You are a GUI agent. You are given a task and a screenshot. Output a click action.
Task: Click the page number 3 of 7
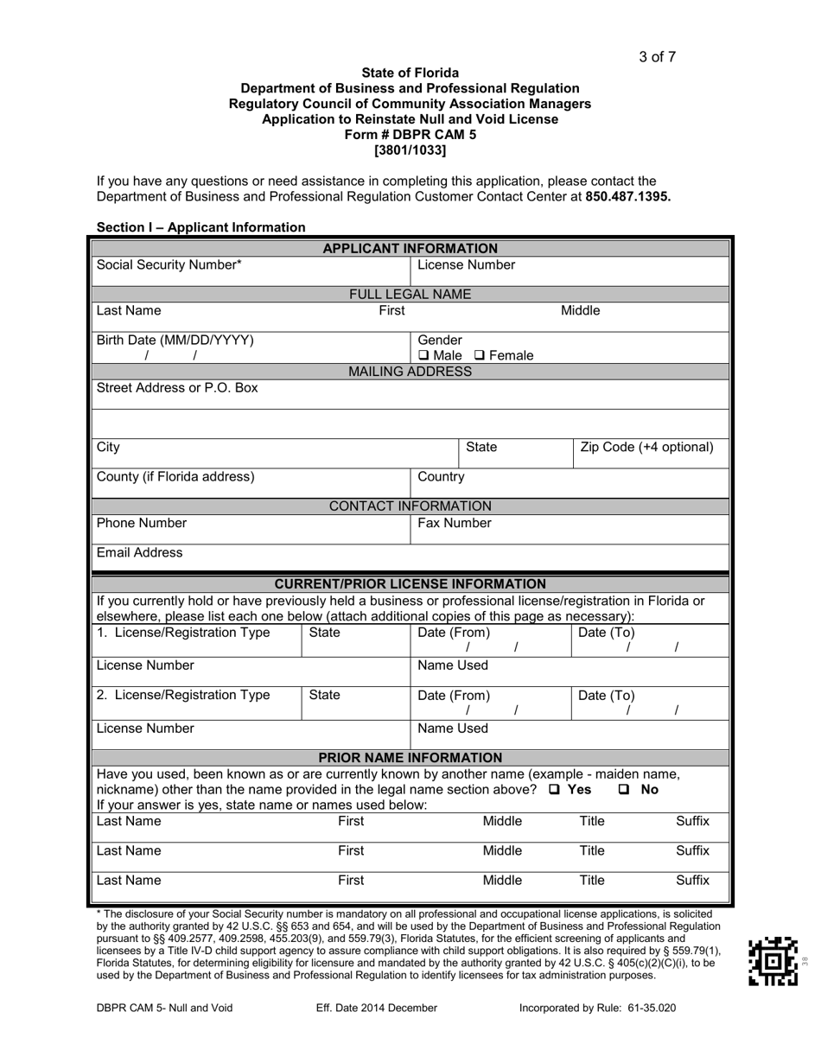(657, 57)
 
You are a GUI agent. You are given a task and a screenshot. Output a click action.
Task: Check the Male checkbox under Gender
(423, 355)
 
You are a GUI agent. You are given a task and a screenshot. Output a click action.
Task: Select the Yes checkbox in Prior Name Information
(554, 790)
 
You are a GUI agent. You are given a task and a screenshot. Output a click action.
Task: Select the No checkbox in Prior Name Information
(624, 790)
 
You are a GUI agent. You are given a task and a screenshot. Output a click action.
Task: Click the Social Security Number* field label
(169, 265)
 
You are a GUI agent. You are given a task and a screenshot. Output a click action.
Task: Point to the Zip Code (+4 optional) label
(646, 447)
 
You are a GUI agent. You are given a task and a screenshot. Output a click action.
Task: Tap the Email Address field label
(139, 552)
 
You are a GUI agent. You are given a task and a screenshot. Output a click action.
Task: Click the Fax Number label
(454, 523)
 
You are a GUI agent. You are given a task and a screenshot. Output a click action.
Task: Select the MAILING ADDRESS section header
(410, 372)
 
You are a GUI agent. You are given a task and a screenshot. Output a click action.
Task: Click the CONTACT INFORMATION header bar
(410, 506)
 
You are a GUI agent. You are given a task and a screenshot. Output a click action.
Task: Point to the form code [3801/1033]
(410, 150)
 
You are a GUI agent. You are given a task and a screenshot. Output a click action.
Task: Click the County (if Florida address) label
(175, 476)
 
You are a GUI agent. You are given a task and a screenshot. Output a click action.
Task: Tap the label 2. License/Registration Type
(182, 695)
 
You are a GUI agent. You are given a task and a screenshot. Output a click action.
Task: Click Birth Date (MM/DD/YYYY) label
(175, 340)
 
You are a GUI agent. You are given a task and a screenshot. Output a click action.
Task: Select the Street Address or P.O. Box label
(176, 388)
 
